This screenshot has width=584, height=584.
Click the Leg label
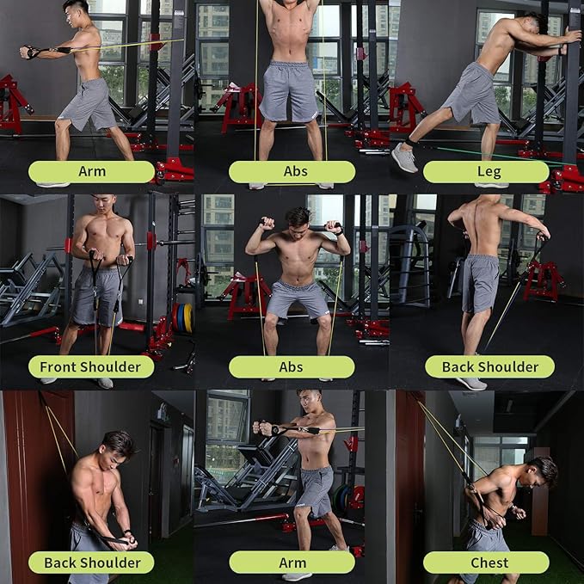(486, 172)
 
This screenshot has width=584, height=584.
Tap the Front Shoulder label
(91, 367)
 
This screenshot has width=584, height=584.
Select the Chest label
(486, 562)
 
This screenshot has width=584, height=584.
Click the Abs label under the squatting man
(292, 367)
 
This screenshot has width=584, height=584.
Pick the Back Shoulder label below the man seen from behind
(489, 367)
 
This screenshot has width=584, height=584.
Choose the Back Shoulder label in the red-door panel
(91, 562)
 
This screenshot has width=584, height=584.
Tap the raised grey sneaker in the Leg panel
(404, 157)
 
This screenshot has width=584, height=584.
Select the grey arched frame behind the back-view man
(411, 258)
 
